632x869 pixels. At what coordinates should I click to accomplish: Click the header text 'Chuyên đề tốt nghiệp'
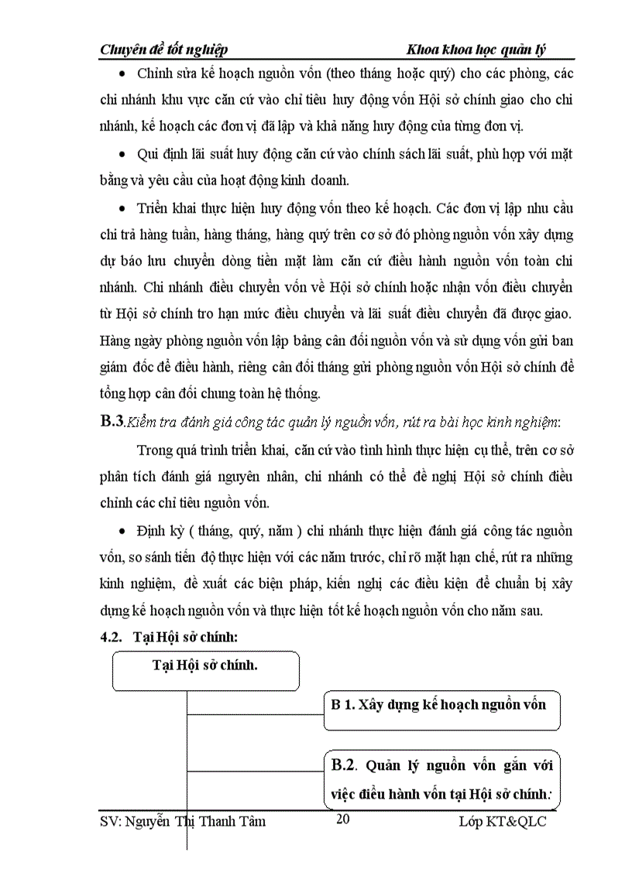click(164, 50)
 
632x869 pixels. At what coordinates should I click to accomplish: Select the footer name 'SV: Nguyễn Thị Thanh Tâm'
click(184, 821)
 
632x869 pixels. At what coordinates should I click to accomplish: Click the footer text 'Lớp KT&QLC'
click(502, 821)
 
